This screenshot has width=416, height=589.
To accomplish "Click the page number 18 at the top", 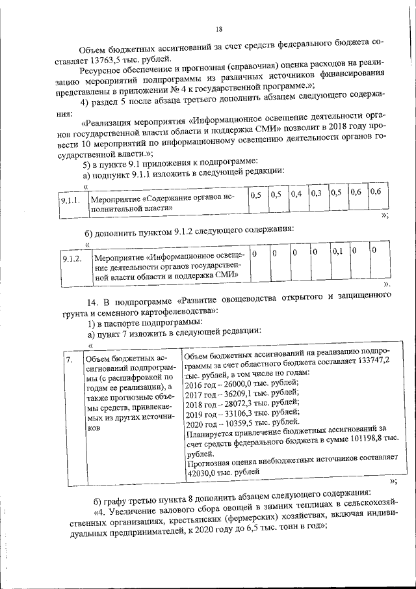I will tap(219, 29).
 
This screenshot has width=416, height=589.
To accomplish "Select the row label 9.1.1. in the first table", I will tap(70, 200).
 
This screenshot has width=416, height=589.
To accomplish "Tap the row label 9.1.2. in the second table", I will tap(70, 259).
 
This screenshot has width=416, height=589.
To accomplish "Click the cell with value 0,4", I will tap(296, 193).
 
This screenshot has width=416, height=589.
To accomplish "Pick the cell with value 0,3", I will tap(316, 193).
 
